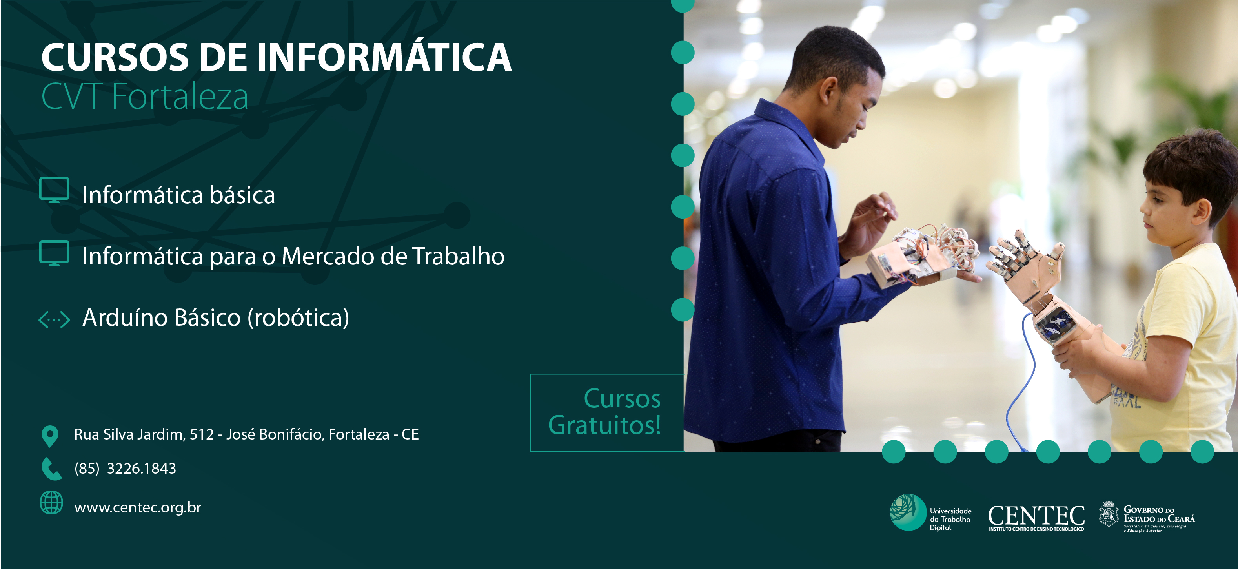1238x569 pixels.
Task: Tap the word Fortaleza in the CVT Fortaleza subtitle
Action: pos(180,97)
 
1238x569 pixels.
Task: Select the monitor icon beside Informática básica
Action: pos(54,190)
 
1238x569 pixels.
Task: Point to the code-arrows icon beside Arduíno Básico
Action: pos(54,319)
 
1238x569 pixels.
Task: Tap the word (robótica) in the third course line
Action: pos(299,318)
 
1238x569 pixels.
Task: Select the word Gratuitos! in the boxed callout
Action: pos(604,425)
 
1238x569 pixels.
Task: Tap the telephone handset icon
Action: pos(51,469)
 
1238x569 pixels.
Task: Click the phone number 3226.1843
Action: pos(141,469)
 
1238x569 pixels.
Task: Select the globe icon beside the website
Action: pos(51,503)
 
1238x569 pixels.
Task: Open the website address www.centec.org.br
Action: pos(138,507)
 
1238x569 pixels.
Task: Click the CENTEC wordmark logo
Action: pos(1036,518)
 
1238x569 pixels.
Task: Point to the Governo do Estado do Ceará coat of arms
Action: pos(1109,514)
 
